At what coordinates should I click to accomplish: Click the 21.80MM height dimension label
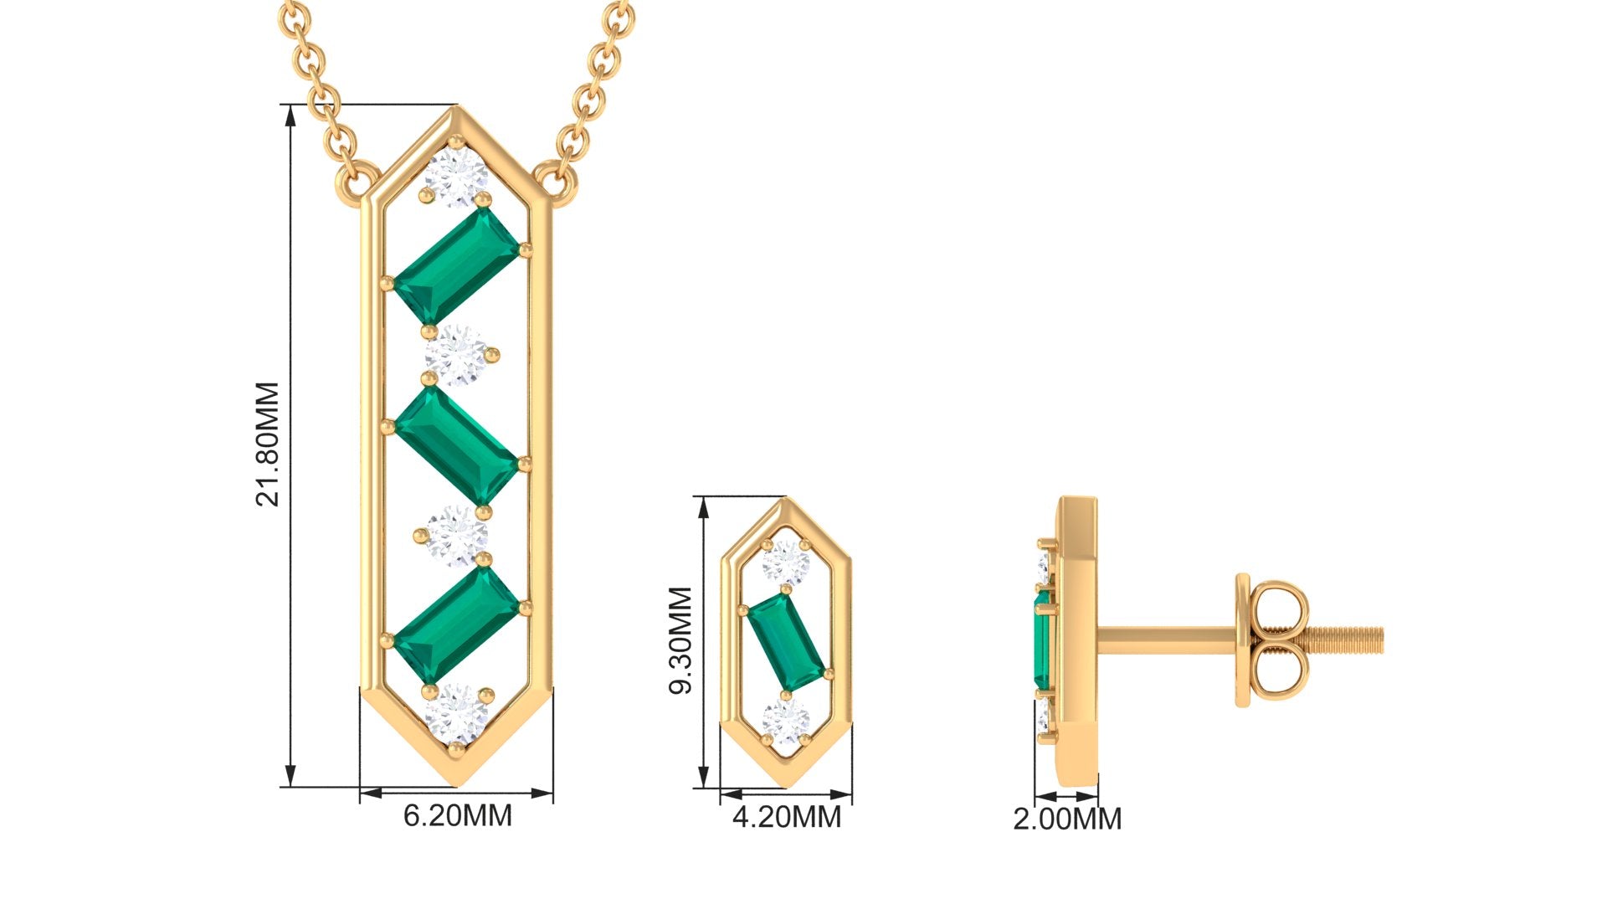point(267,444)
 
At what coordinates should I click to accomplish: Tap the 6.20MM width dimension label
point(457,815)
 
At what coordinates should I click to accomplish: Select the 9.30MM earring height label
point(680,640)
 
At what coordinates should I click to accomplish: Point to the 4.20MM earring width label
point(786,817)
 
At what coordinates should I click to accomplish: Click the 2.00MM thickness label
point(1067,819)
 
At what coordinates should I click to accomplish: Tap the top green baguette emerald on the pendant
point(457,266)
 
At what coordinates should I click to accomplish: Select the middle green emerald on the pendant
point(457,445)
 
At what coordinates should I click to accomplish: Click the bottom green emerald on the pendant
point(457,624)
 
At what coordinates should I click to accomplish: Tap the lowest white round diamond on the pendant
point(457,714)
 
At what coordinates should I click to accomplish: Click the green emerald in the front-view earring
point(786,642)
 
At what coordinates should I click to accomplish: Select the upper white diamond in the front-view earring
point(786,562)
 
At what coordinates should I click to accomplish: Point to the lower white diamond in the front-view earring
point(786,722)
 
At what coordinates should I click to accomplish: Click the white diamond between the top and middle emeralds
point(457,356)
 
